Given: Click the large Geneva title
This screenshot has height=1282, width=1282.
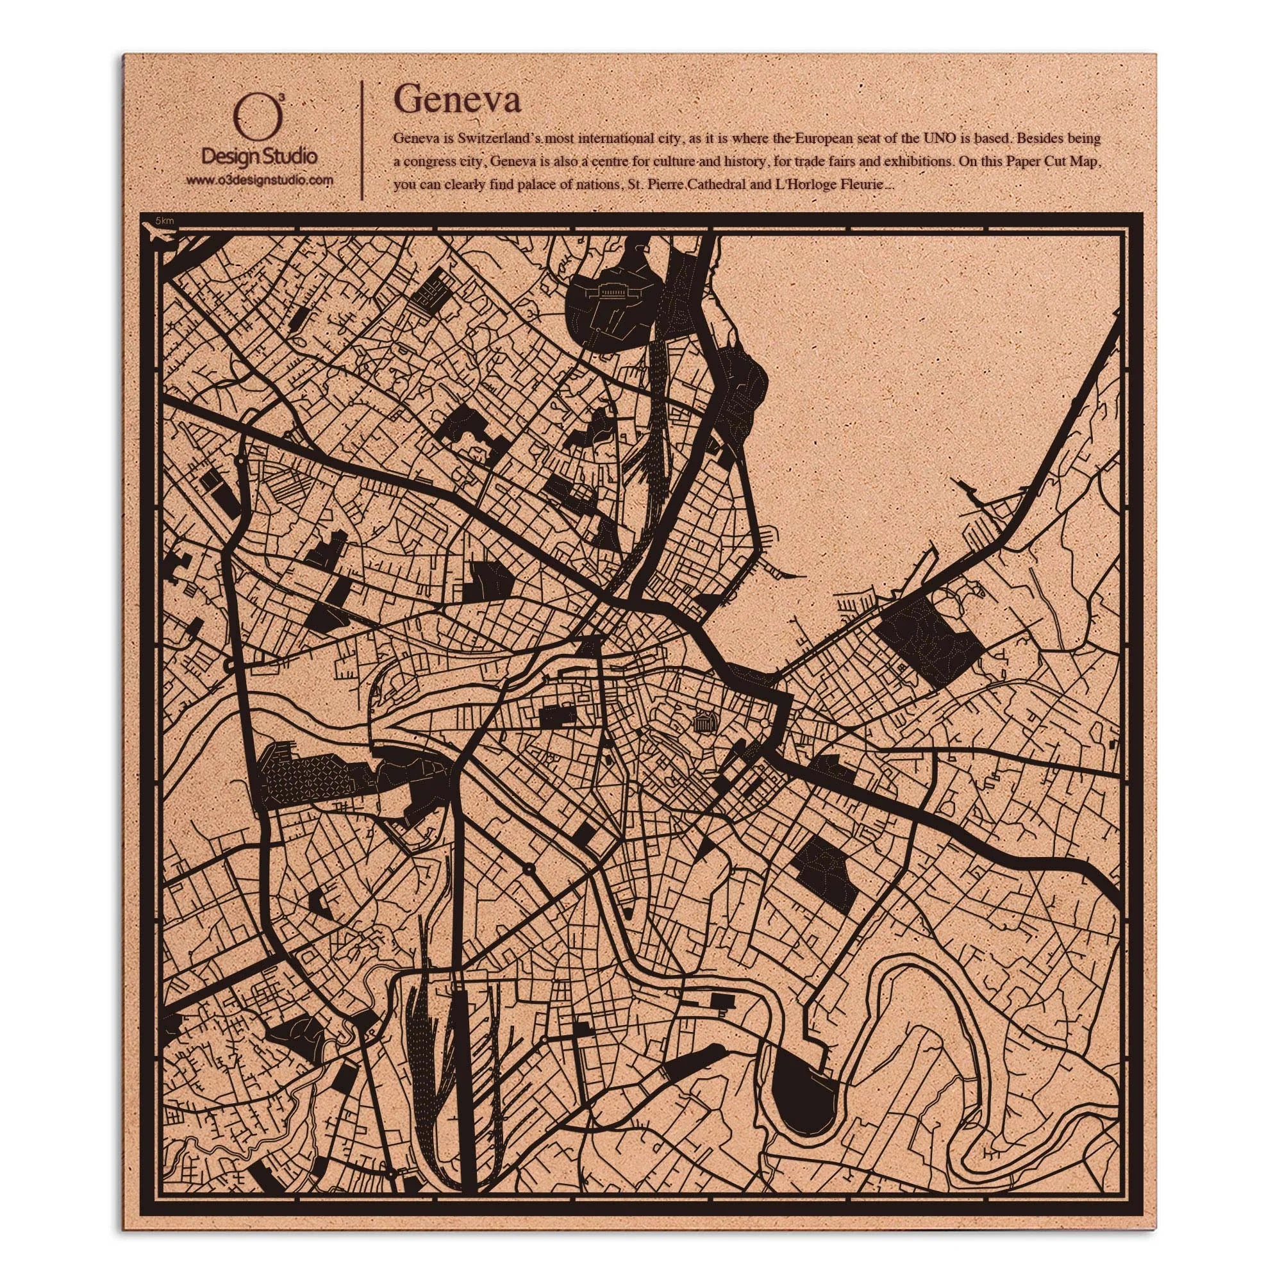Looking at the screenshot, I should point(457,101).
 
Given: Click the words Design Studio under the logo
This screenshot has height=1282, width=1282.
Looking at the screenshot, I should point(260,157).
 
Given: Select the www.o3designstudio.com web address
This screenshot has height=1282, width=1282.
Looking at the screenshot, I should point(260,181).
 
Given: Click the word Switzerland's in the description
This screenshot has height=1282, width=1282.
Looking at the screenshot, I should point(497,139).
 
